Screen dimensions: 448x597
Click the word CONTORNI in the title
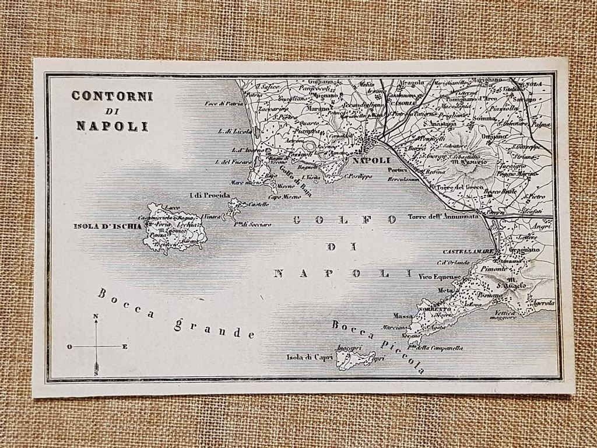tap(113, 96)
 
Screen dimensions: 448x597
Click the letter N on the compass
tap(96, 317)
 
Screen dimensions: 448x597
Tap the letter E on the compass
tap(125, 346)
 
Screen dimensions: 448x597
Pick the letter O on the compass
tap(69, 346)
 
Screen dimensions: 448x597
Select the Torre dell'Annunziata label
tap(441, 217)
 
